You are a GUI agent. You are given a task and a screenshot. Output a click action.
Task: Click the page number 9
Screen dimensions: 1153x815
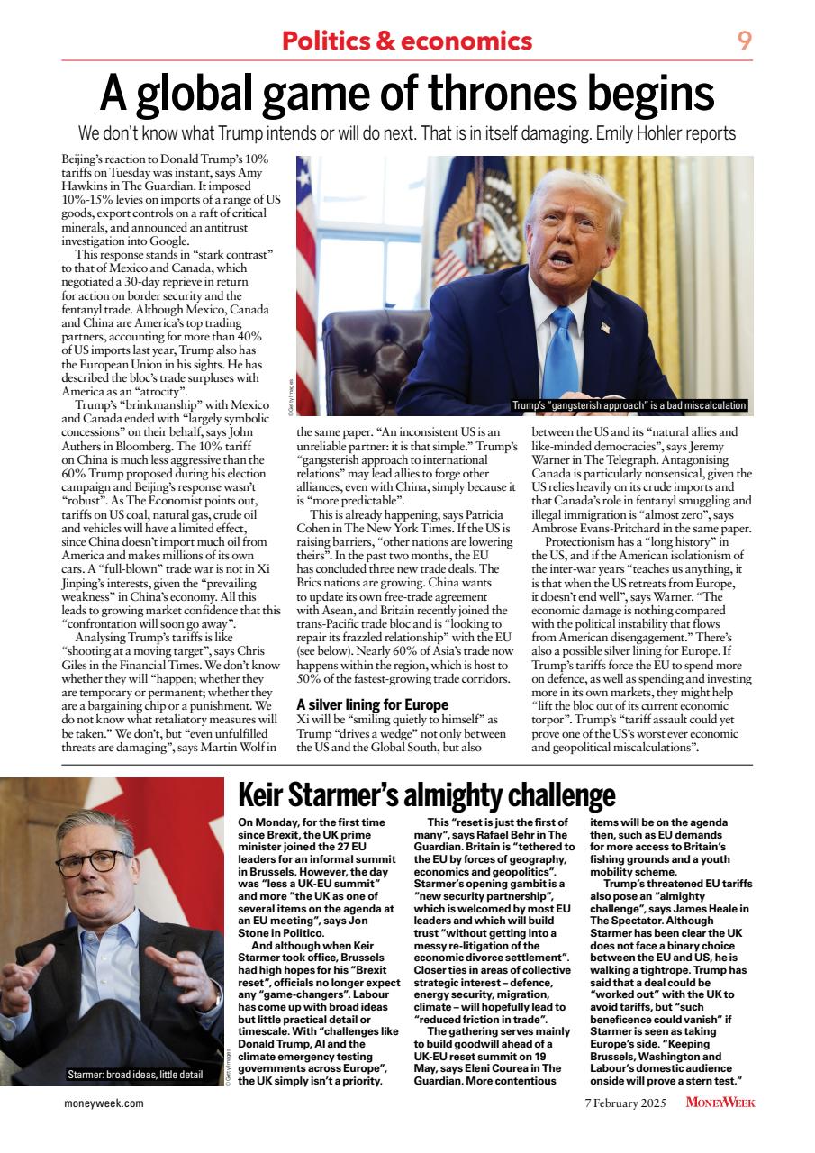(x=745, y=40)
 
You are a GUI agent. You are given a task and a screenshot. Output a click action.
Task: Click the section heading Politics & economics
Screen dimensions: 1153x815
(x=407, y=41)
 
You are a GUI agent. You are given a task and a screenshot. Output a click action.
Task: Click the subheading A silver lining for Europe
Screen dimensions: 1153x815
(x=372, y=704)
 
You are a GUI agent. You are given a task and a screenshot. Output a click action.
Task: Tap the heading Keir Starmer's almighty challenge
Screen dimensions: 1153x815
(x=426, y=795)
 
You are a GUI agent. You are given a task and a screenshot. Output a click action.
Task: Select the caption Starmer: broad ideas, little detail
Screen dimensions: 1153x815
(x=135, y=1075)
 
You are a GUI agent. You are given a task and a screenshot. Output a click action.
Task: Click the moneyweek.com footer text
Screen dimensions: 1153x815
(x=104, y=1103)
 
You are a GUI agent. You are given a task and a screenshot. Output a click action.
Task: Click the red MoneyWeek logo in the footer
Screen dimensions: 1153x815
(x=720, y=1103)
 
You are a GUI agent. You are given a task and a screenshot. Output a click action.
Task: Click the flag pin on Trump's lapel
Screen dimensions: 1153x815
(x=605, y=327)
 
